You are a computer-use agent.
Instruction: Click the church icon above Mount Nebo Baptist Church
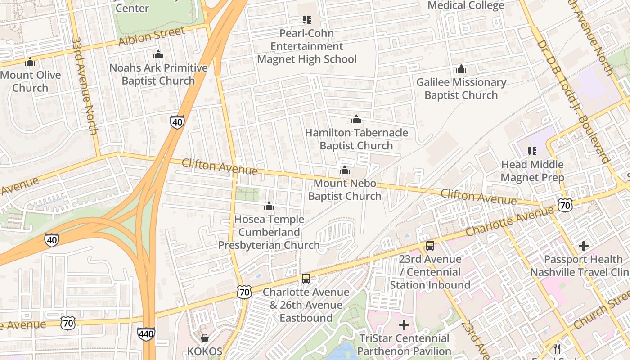tap(345, 170)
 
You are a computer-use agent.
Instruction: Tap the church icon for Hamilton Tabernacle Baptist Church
tap(356, 119)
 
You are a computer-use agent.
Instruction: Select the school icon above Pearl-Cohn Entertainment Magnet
tap(307, 19)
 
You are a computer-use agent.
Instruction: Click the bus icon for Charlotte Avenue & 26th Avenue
tap(306, 279)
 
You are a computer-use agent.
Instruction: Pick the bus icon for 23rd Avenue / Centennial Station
tap(430, 246)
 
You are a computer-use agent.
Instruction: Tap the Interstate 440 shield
tap(146, 334)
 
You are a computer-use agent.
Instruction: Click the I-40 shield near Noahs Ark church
tap(177, 121)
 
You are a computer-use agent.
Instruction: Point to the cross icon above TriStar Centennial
tap(404, 324)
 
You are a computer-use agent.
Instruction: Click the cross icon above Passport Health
tap(584, 246)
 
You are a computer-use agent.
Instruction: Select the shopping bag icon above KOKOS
tap(205, 338)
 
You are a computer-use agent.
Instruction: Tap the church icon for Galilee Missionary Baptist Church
tap(461, 69)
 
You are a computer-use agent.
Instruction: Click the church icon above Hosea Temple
tap(269, 206)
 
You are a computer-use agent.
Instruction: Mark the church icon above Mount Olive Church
tap(30, 62)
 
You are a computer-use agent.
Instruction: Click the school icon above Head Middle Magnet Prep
tap(532, 151)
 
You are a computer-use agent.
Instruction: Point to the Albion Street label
tap(152, 36)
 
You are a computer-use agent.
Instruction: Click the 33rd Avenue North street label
tap(84, 85)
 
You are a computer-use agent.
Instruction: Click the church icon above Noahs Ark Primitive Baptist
tap(158, 55)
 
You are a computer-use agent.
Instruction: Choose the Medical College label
tap(466, 5)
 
